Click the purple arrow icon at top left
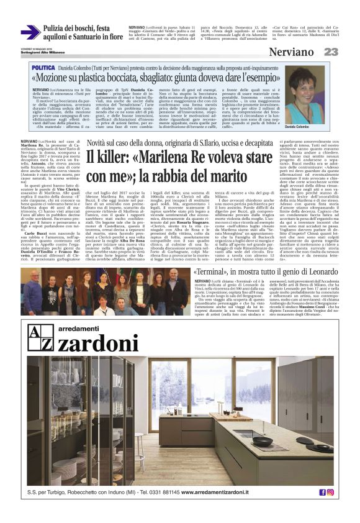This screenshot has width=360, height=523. pyautogui.click(x=30, y=32)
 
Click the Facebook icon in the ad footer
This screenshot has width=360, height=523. pyautogui.click(x=322, y=493)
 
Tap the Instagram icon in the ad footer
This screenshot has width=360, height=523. pyautogui.click(x=330, y=493)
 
